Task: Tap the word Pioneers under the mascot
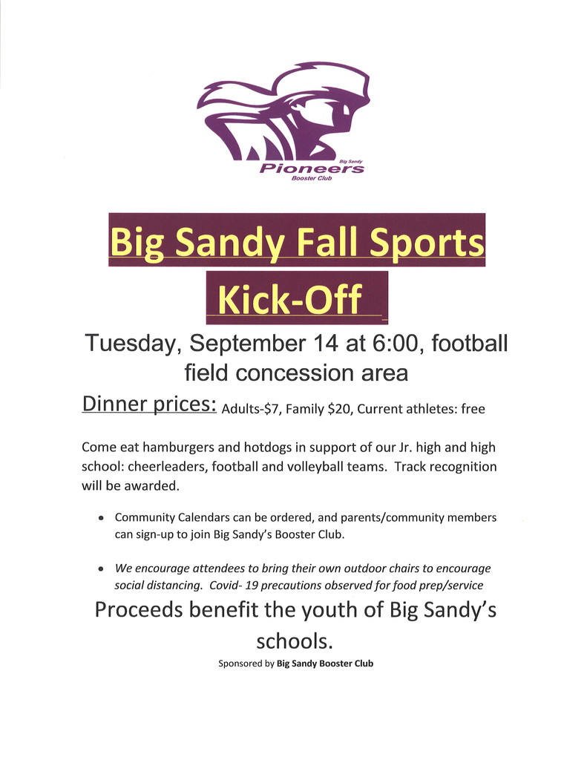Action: click(x=312, y=168)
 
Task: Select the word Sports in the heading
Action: click(x=427, y=243)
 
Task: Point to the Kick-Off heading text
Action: click(x=290, y=299)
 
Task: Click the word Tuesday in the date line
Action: click(x=129, y=344)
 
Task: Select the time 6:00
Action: click(x=395, y=343)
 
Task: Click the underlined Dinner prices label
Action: click(x=149, y=404)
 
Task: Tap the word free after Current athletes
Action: click(x=473, y=409)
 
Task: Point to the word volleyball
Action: click(x=315, y=466)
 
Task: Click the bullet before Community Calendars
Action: click(x=101, y=518)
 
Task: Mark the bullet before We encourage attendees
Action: click(x=101, y=569)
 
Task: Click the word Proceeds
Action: click(x=139, y=610)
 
